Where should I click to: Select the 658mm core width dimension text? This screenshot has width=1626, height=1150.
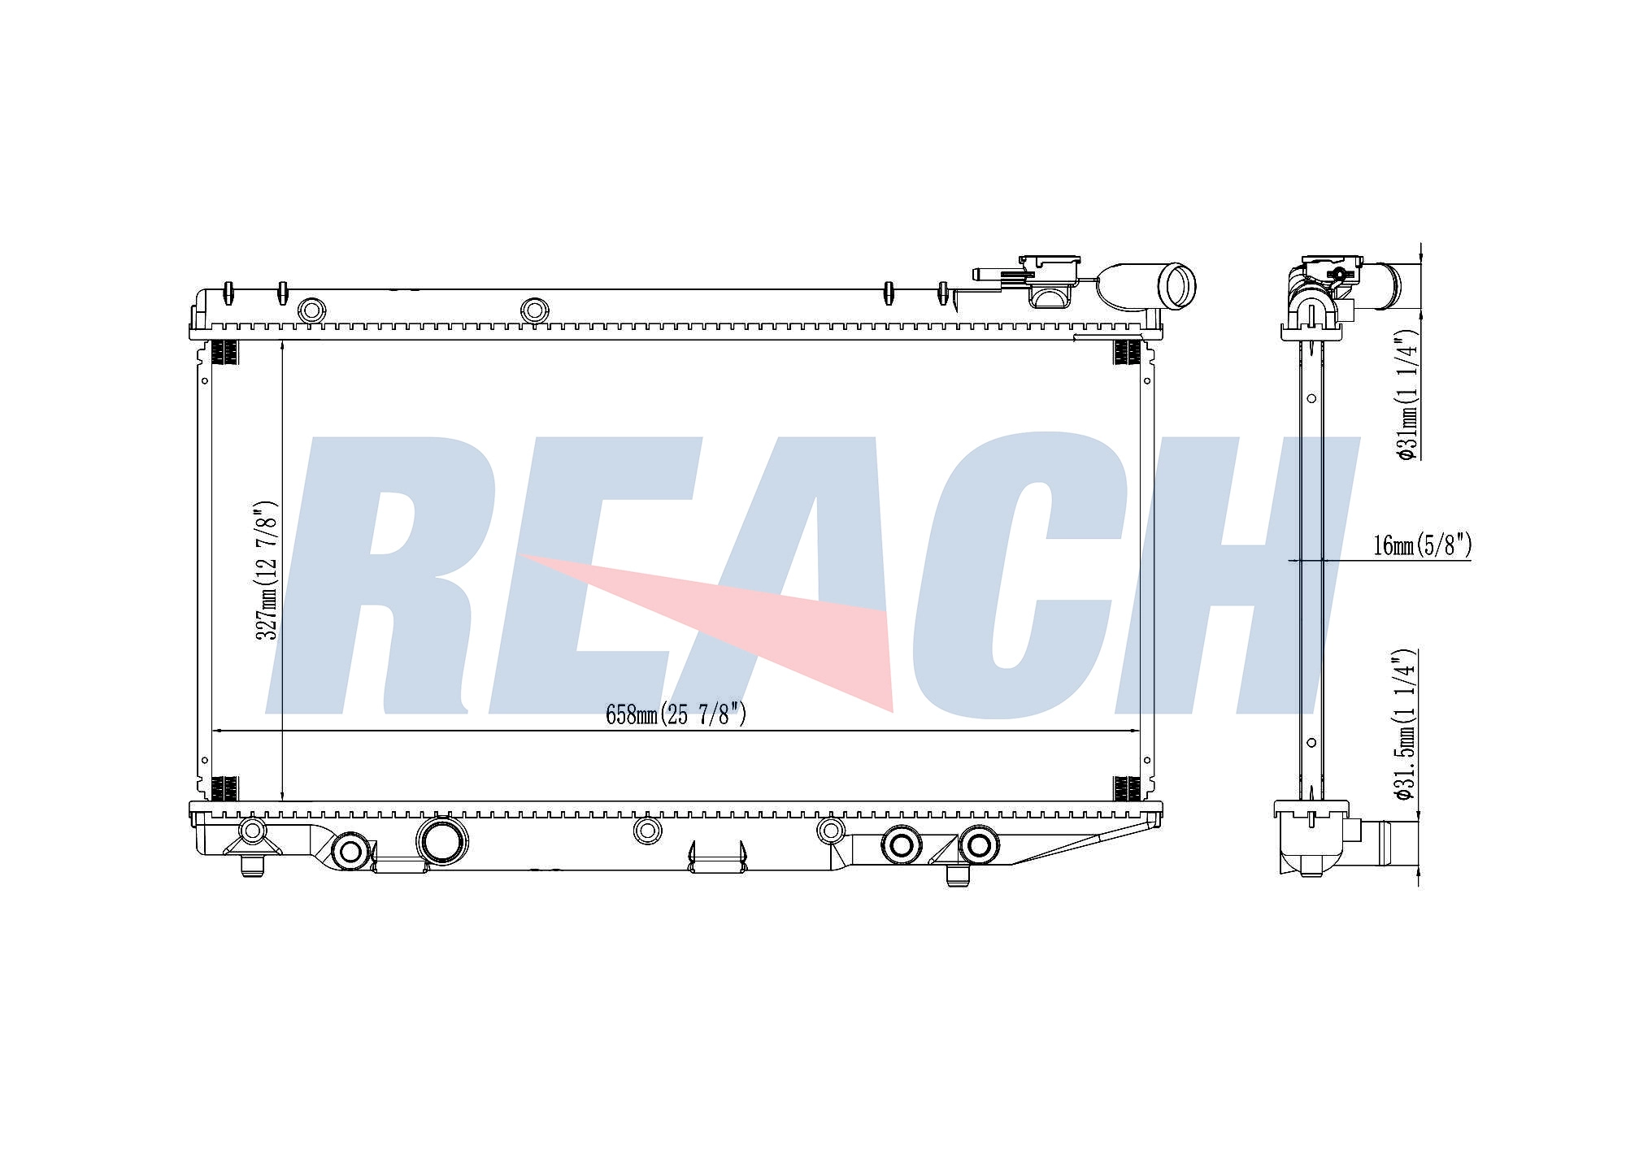(676, 714)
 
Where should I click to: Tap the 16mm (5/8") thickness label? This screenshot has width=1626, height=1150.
(1422, 545)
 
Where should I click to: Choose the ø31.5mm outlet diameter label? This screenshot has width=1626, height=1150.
(1408, 725)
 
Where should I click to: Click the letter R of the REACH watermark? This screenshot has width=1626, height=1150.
(372, 575)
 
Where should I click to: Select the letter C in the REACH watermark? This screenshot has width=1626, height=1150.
(1016, 575)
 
